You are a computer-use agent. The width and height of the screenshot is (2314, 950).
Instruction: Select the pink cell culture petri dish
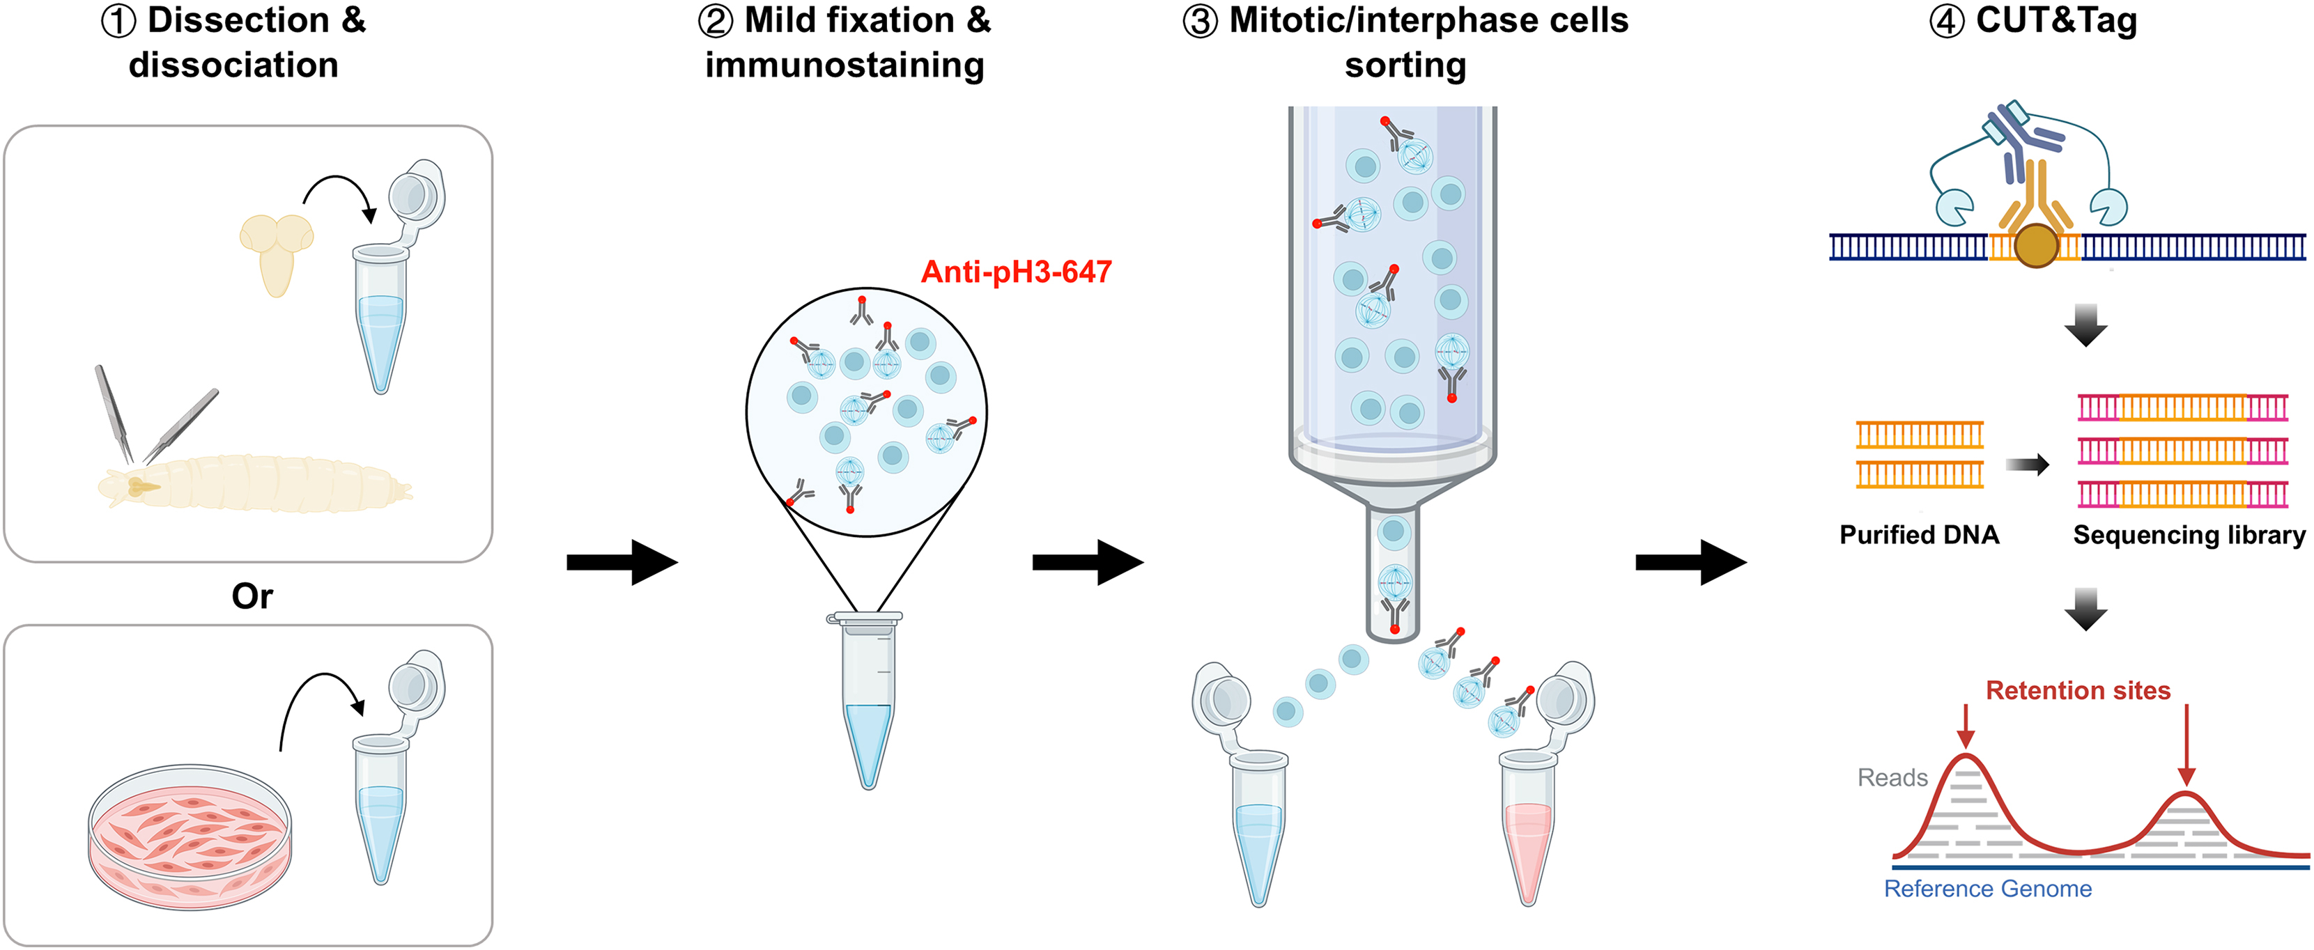tap(190, 836)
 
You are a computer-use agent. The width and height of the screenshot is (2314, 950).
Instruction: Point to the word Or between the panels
tap(252, 596)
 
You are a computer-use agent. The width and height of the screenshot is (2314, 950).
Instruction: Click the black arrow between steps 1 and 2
tap(622, 562)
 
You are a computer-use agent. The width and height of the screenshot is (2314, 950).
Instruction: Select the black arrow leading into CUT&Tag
tap(1690, 562)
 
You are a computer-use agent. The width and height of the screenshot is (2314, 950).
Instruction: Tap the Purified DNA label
tap(1919, 535)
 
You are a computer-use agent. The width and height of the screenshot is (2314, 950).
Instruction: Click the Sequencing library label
tap(2189, 535)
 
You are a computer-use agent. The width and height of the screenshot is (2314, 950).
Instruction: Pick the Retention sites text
tap(2078, 690)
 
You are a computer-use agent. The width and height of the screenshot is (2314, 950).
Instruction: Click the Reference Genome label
tap(1987, 889)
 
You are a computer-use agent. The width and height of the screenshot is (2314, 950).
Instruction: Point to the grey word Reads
tap(1892, 777)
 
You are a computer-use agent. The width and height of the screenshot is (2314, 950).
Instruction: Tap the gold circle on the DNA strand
tap(2035, 246)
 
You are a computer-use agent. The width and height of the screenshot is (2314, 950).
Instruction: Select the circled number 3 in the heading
tap(1200, 22)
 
